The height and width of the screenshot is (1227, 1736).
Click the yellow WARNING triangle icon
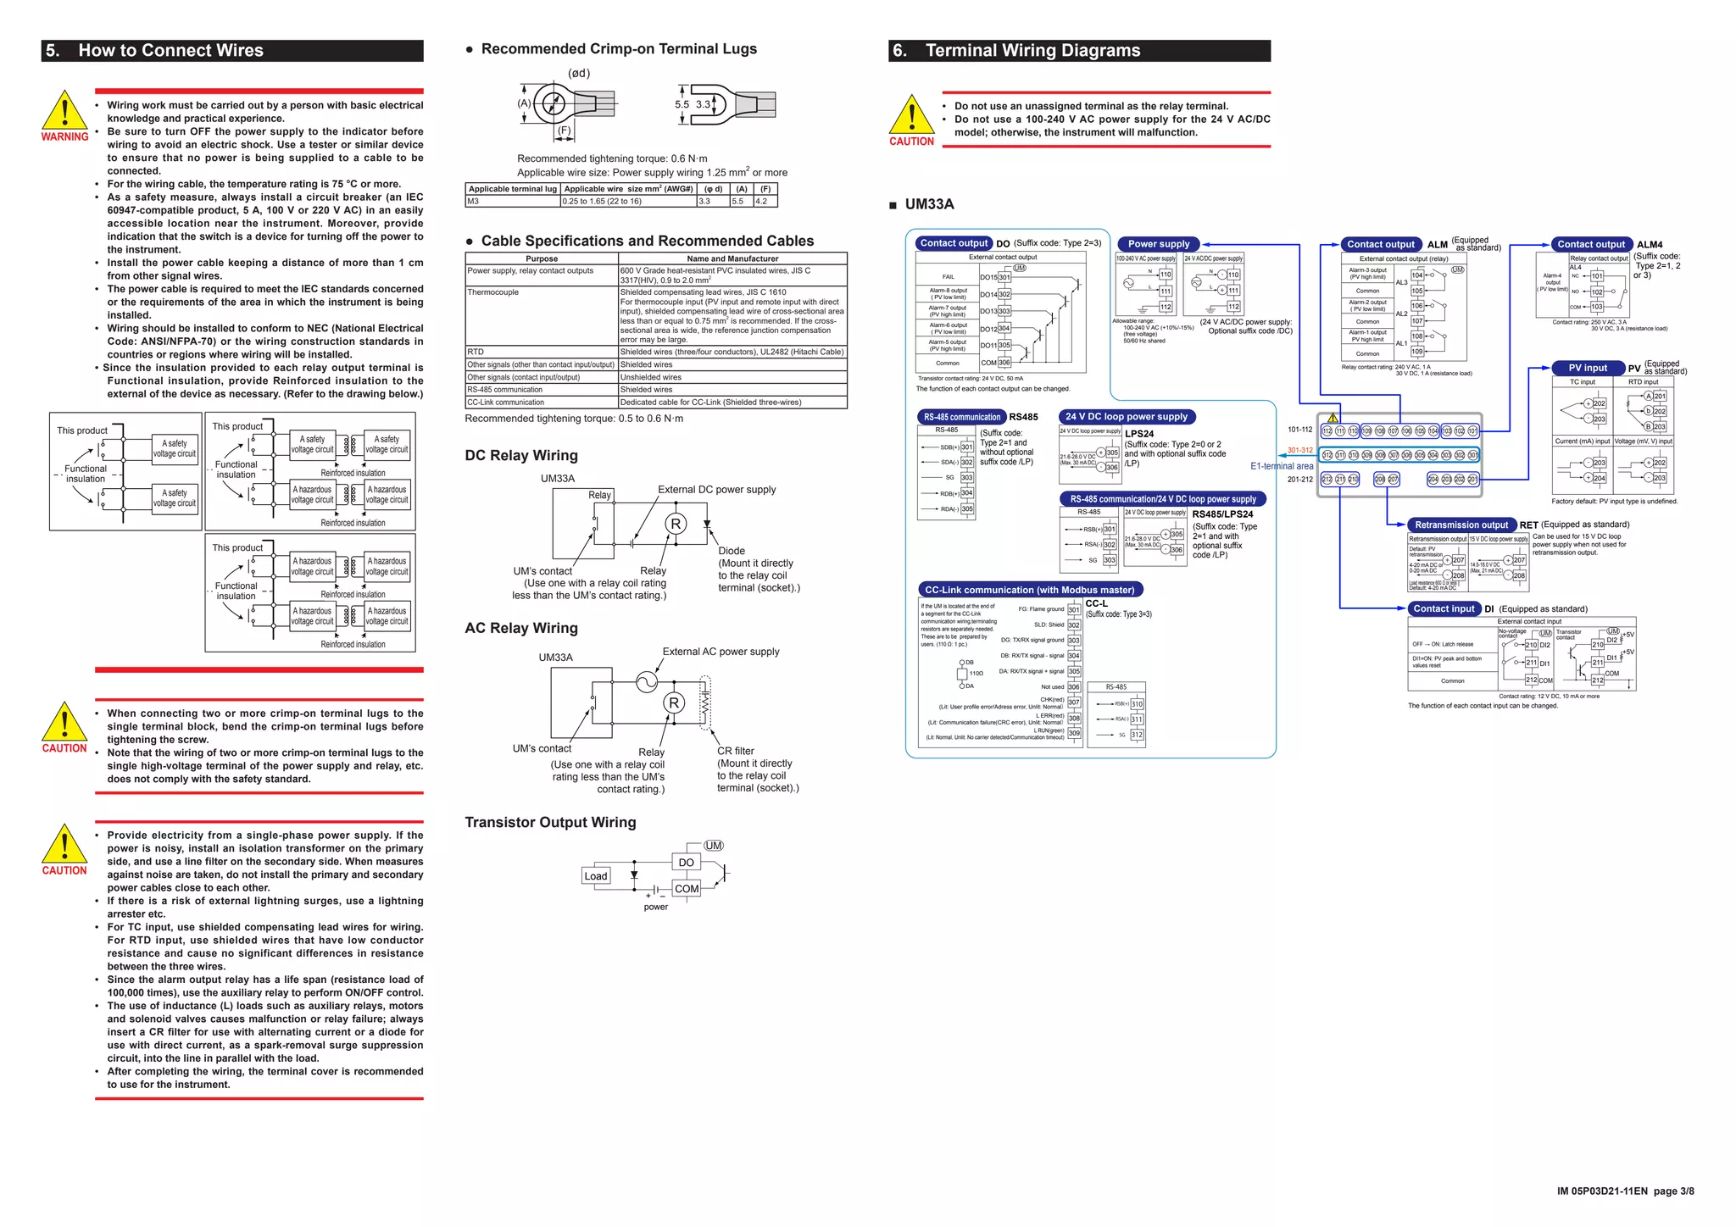64,111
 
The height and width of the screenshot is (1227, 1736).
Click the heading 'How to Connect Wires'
170,50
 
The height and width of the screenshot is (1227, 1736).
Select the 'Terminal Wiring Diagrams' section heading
1032,50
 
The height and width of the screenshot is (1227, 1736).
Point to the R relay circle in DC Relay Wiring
675,525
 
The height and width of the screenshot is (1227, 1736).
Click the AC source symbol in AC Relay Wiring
647,681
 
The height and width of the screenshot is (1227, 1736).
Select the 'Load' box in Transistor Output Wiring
596,876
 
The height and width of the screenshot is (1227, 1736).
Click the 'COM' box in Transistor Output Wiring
687,889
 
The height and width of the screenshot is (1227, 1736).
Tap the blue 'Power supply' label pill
1158,244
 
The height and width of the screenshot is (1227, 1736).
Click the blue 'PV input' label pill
1587,368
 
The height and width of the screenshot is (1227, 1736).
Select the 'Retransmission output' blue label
1461,525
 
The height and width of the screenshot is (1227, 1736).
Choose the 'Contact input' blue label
1444,608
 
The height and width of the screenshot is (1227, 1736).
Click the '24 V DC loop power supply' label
1126,417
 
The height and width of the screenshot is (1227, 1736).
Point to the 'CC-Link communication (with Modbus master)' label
1029,590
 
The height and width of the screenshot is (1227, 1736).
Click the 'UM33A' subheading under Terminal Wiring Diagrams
929,204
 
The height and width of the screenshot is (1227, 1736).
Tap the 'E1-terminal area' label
1281,466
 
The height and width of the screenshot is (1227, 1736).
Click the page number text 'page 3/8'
1673,1191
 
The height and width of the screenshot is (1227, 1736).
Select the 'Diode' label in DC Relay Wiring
732,551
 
